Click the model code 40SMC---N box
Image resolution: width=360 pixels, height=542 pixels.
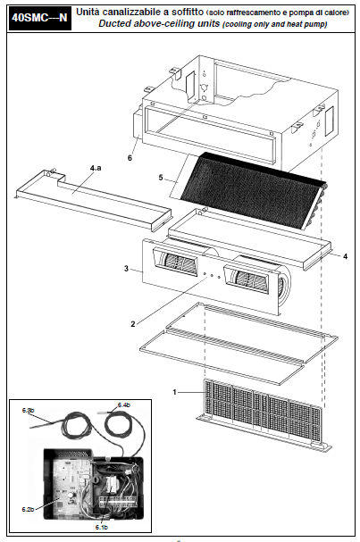pyautogui.click(x=39, y=18)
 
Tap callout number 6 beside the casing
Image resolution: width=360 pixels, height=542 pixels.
pyautogui.click(x=130, y=158)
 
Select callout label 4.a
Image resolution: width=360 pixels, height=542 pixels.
pyautogui.click(x=96, y=168)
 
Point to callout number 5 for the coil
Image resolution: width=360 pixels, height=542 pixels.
pyautogui.click(x=161, y=178)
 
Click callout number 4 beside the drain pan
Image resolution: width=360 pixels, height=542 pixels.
pyautogui.click(x=345, y=256)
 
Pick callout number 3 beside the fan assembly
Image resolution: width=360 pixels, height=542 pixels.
pyautogui.click(x=126, y=269)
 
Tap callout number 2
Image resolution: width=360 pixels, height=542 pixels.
pyautogui.click(x=133, y=324)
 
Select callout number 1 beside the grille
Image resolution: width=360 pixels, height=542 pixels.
pyautogui.click(x=174, y=392)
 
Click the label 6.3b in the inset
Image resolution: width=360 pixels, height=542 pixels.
pyautogui.click(x=28, y=411)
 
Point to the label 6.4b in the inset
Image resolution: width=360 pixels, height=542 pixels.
pyautogui.click(x=124, y=404)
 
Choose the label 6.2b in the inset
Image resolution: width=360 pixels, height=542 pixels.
pyautogui.click(x=28, y=509)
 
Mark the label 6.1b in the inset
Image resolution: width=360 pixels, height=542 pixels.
pyautogui.click(x=102, y=528)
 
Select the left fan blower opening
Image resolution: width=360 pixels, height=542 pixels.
pyautogui.click(x=177, y=263)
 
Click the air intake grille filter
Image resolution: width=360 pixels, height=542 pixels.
pyautogui.click(x=263, y=411)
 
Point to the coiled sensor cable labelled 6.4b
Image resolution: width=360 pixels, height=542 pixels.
pyautogui.click(x=117, y=424)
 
